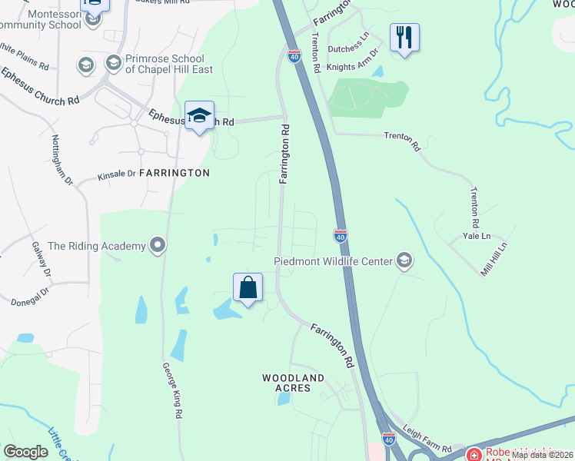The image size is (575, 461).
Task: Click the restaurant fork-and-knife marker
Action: point(404,38)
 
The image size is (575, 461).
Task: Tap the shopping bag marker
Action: point(248,288)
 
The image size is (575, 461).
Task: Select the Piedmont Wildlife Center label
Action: point(333,261)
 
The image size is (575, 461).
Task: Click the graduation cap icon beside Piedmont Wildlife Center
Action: point(404,261)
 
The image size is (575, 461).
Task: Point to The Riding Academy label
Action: point(97,246)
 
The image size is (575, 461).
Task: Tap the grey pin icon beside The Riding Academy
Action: point(158,246)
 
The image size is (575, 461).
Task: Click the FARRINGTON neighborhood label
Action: point(174,173)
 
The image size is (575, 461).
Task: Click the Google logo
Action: point(25,452)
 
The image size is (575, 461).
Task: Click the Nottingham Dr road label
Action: point(62,160)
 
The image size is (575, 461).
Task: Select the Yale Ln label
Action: point(476,237)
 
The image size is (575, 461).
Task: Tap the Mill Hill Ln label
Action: point(495,259)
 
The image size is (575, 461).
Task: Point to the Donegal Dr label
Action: point(30,296)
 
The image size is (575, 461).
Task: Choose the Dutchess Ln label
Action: point(349,48)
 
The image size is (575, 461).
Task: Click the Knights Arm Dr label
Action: point(353,64)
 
